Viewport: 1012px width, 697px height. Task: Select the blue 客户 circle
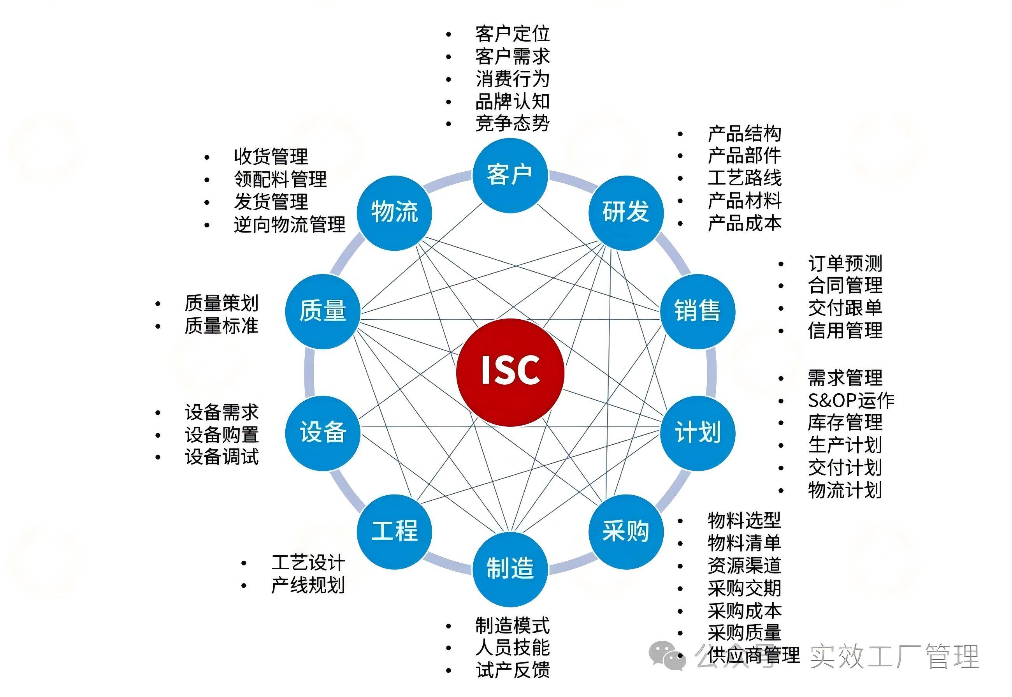510,176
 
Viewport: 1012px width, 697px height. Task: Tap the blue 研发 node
625,213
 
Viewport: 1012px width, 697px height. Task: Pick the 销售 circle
697,311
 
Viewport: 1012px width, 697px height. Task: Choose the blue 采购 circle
625,532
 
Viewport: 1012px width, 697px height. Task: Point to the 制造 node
510,569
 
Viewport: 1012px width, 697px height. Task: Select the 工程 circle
394,532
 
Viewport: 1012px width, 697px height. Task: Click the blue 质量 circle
323,311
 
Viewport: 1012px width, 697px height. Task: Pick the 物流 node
394,213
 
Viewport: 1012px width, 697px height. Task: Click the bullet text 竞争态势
512,123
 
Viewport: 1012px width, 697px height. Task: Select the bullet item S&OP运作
851,400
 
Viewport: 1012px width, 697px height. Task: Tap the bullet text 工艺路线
744,178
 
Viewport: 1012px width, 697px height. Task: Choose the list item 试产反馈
513,670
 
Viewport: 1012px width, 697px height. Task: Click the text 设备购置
222,435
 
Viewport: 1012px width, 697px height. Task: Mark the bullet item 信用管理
845,330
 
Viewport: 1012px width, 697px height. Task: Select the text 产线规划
308,585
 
